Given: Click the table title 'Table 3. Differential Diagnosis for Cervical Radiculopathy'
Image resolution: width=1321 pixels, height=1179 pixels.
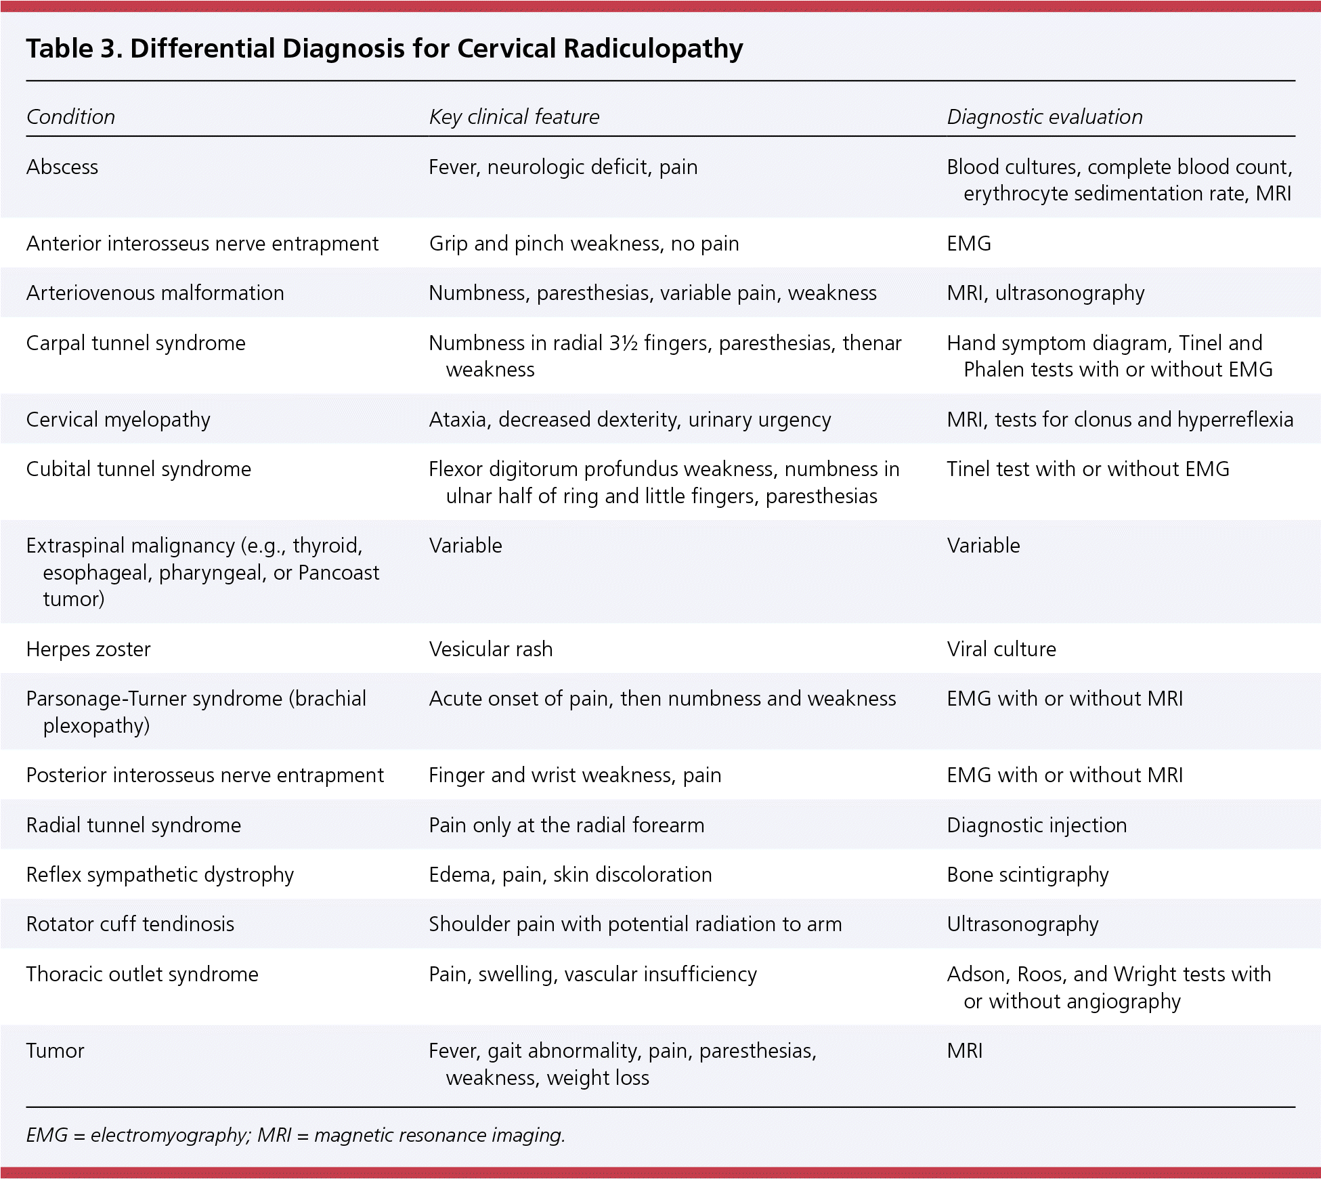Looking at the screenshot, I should [384, 49].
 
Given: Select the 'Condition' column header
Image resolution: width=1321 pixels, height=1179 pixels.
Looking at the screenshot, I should [70, 117].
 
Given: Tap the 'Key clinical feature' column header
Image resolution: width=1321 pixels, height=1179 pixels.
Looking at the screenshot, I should [514, 117].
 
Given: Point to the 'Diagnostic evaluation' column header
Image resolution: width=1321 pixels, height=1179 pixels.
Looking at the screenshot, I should [1044, 117].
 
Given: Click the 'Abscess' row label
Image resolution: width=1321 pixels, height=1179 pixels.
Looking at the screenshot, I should [62, 167].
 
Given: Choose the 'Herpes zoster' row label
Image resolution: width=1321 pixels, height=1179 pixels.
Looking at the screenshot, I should [88, 649].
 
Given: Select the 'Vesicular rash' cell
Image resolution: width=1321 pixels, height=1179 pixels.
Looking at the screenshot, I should [490, 649].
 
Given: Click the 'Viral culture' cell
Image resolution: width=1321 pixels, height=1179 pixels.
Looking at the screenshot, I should [1001, 649].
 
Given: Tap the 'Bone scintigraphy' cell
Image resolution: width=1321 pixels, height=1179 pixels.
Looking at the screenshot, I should [1027, 874].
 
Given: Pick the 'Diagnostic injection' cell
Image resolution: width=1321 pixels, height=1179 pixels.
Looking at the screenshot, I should [1036, 825].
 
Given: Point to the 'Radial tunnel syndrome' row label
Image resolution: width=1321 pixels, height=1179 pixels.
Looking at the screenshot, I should [133, 825].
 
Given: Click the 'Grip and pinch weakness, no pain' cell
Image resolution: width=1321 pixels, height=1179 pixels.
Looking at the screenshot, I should [584, 244].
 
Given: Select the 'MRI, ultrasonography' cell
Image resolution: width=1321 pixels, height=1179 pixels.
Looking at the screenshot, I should [1045, 293].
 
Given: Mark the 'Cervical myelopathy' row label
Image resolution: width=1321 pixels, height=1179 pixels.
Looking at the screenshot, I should [118, 420].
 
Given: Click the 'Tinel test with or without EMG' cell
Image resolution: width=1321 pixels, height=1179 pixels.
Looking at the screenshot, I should [1087, 469].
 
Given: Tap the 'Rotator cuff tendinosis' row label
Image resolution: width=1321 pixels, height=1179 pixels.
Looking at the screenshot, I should [130, 924].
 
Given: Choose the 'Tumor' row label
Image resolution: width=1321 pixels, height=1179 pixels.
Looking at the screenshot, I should [55, 1050].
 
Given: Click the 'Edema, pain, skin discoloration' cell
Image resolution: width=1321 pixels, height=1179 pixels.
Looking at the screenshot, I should [570, 874].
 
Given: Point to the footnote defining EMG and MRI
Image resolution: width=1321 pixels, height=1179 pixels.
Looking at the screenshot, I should [295, 1135].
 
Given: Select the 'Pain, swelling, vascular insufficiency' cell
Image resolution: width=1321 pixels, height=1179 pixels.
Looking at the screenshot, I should [592, 974].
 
